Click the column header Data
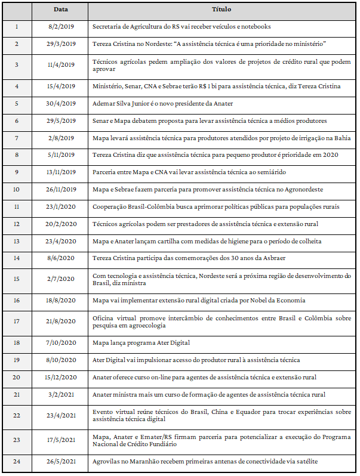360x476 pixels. point(61,10)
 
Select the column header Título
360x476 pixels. point(221,10)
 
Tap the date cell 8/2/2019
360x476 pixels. point(61,27)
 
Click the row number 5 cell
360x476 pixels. point(17,103)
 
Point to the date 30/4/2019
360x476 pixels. point(61,103)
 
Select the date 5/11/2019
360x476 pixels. point(61,155)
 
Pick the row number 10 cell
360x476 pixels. point(17,190)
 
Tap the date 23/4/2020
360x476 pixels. point(61,241)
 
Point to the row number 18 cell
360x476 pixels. point(17,343)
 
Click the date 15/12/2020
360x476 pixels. point(61,377)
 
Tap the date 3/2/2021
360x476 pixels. point(61,394)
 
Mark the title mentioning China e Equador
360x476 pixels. point(221,416)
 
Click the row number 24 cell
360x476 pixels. point(17,462)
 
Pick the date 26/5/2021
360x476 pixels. point(61,462)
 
